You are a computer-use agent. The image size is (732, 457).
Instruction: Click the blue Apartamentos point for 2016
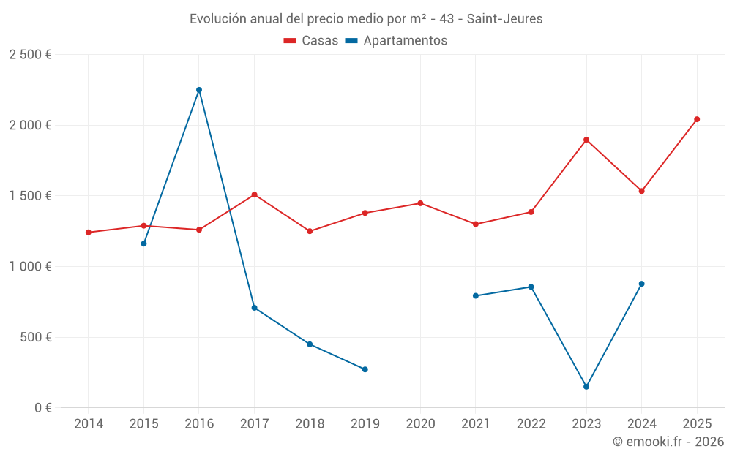(199, 90)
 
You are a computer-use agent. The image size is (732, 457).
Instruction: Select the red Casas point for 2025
(697, 119)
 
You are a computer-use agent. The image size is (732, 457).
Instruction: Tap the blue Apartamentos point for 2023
(586, 387)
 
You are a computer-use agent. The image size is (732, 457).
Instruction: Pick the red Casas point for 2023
(586, 140)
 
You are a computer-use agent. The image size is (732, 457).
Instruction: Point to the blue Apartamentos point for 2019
(365, 369)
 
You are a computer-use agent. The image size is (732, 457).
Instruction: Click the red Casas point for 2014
(89, 233)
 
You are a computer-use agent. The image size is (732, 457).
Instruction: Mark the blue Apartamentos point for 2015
(143, 243)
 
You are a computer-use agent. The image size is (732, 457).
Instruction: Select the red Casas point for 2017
(254, 194)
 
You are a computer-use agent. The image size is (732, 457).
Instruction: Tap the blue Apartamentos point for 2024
(642, 284)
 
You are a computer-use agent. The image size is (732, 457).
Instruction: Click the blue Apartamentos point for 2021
(476, 296)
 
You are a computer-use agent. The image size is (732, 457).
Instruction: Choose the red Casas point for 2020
(420, 203)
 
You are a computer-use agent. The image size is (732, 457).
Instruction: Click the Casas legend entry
(311, 41)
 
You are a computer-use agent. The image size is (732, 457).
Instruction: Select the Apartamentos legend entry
(396, 41)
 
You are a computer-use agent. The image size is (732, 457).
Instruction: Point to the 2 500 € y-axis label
(30, 55)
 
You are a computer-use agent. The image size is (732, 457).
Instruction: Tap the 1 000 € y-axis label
(30, 267)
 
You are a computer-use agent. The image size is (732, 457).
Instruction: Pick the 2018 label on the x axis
(310, 424)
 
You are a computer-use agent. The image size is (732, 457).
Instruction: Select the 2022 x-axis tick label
(531, 424)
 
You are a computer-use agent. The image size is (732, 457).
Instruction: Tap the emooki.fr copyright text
(668, 442)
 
